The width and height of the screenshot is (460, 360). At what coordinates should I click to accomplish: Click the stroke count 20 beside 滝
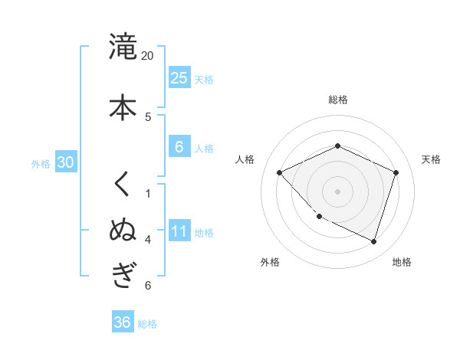[x=148, y=56]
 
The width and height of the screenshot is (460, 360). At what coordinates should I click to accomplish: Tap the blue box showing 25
[x=179, y=77]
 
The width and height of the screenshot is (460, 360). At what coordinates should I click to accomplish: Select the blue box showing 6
[x=179, y=147]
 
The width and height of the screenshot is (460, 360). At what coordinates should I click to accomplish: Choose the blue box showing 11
[x=179, y=231]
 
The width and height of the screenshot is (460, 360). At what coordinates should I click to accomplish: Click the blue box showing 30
[x=65, y=162]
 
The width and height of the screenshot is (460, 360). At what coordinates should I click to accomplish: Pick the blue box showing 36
[x=122, y=322]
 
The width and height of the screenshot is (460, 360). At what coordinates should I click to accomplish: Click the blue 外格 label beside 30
[x=41, y=163]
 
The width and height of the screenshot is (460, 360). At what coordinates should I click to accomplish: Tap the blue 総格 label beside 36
[x=147, y=324]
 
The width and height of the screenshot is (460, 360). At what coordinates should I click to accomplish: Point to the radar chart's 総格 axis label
[x=338, y=100]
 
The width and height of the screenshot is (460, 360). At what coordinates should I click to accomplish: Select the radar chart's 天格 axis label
[x=431, y=159]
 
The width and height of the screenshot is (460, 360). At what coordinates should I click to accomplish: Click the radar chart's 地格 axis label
[x=402, y=262]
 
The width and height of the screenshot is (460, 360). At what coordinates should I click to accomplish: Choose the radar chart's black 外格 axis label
[x=269, y=262]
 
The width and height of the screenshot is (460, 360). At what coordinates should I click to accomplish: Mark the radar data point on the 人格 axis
[x=280, y=172]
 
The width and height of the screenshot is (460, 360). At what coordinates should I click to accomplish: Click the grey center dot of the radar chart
[x=337, y=191]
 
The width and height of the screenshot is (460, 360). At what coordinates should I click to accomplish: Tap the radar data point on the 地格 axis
[x=373, y=241]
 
